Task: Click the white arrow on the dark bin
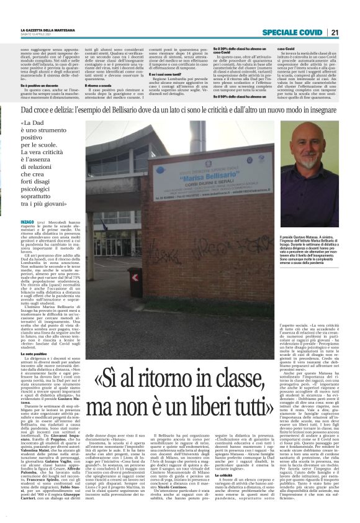tap(135, 277)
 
